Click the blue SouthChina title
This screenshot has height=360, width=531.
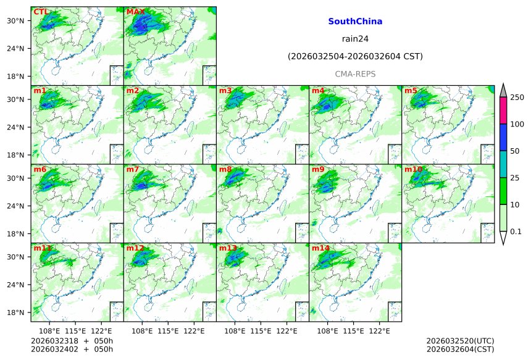pyautogui.click(x=355, y=22)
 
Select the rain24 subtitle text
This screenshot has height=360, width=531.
pyautogui.click(x=355, y=39)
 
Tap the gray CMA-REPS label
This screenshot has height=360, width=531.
pyautogui.click(x=355, y=74)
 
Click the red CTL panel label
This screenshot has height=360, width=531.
pyautogui.click(x=41, y=12)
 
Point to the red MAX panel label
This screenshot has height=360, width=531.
pyautogui.click(x=135, y=12)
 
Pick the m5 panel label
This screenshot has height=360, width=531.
pyautogui.click(x=411, y=91)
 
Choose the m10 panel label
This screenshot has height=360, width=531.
pyautogui.click(x=413, y=170)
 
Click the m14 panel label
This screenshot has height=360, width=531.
pyautogui.click(x=320, y=249)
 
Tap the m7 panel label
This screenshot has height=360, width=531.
pyautogui.click(x=133, y=170)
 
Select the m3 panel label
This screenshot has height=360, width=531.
pyautogui.click(x=225, y=91)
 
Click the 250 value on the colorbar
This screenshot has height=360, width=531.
pyautogui.click(x=517, y=97)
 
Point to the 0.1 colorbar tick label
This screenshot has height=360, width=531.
pyautogui.click(x=516, y=232)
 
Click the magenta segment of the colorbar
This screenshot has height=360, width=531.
pyautogui.click(x=503, y=111)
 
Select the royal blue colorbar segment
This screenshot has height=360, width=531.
pyautogui.click(x=503, y=137)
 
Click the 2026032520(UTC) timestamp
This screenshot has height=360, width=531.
pyautogui.click(x=460, y=341)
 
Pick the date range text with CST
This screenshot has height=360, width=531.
pyautogui.click(x=355, y=57)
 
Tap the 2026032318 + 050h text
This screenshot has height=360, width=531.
pyautogui.click(x=72, y=341)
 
